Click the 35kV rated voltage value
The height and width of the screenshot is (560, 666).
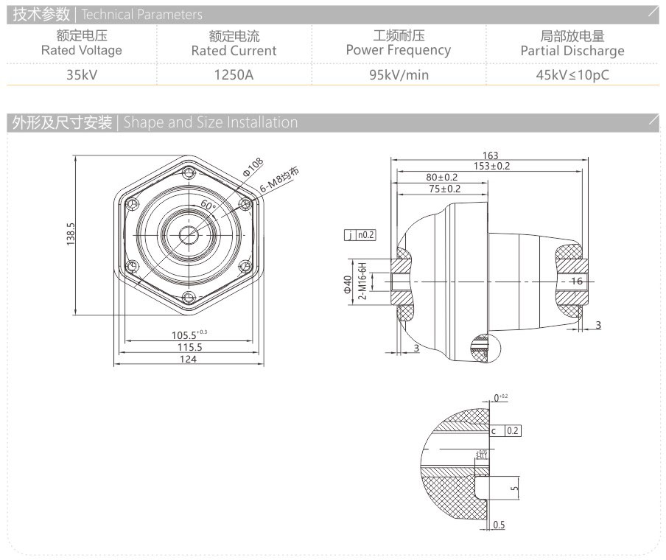[x=81, y=74]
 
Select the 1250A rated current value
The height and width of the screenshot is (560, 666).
[x=234, y=74]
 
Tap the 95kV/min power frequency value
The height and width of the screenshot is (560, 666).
[x=399, y=74]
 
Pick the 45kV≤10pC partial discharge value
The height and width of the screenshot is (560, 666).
[x=572, y=74]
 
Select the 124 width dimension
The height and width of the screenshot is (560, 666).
[x=189, y=360]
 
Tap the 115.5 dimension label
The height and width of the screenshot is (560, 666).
[x=189, y=347]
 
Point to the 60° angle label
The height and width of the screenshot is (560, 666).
[x=208, y=206]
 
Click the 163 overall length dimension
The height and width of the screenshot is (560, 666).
[x=491, y=155]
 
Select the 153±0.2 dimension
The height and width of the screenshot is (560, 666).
[x=491, y=167]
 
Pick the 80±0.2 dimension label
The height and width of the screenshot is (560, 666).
[x=441, y=178]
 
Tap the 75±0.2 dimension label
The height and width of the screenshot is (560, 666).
[x=441, y=189]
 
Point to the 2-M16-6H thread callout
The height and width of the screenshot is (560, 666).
[x=362, y=281]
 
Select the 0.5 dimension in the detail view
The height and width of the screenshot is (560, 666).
[x=499, y=525]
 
